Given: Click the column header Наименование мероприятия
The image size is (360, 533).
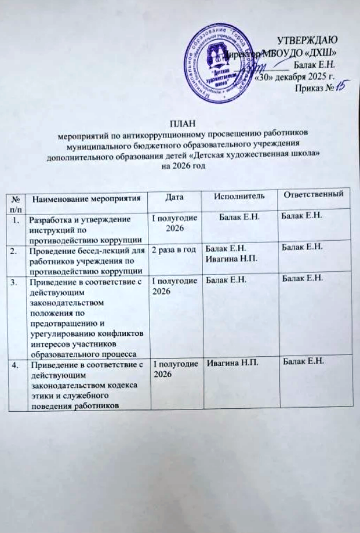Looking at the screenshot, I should (87, 199).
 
